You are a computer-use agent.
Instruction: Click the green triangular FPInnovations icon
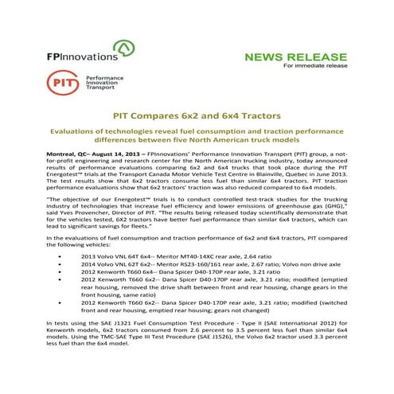click(x=123, y=52)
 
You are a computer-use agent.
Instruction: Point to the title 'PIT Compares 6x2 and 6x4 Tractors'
click(x=197, y=115)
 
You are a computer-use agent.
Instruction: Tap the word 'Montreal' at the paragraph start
click(x=64, y=151)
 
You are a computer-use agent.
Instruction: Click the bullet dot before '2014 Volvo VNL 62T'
click(x=61, y=267)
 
